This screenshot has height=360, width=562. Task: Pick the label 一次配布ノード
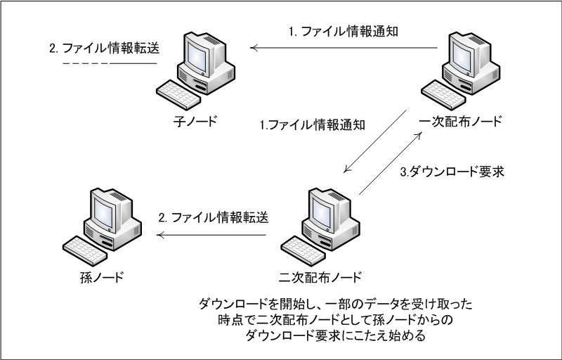[x=459, y=120]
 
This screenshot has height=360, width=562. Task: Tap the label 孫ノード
[x=102, y=276]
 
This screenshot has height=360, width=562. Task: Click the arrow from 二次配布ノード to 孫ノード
[x=211, y=236]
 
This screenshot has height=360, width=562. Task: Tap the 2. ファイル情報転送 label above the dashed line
[x=101, y=49]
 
